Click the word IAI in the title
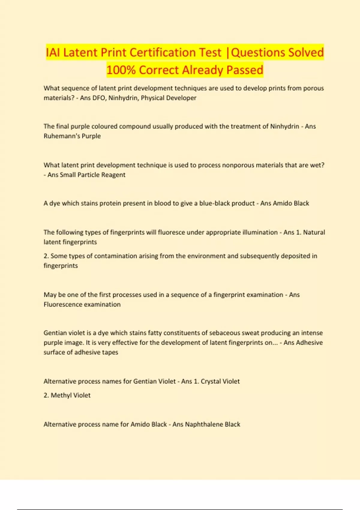tap(53, 52)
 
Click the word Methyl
tap(61, 395)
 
